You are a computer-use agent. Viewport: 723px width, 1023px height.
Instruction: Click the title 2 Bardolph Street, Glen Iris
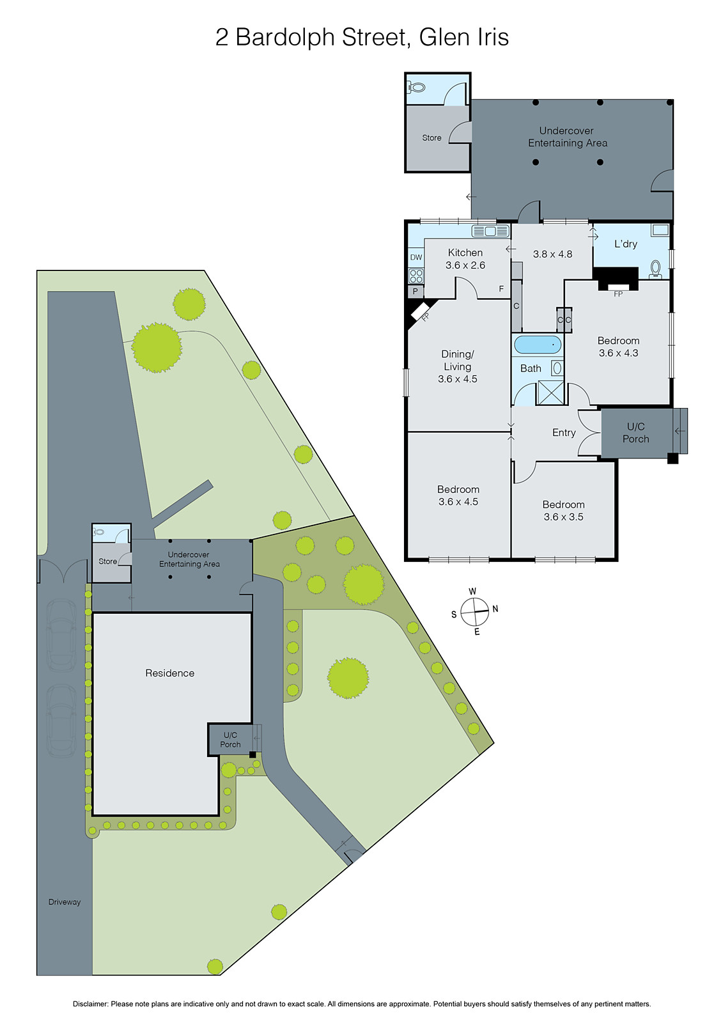[x=362, y=37]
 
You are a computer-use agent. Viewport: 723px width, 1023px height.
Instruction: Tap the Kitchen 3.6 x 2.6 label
[x=465, y=259]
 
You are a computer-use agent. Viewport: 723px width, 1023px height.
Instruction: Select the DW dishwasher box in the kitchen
[x=416, y=257]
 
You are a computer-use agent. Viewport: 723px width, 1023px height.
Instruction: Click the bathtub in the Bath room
[x=538, y=345]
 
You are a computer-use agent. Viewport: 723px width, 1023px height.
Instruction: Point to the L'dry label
[x=625, y=244]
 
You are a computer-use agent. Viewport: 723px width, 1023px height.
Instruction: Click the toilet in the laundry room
[x=655, y=269]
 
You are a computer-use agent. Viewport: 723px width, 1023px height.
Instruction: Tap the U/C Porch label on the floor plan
[x=635, y=433]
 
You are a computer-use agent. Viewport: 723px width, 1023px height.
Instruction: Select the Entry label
[x=564, y=433]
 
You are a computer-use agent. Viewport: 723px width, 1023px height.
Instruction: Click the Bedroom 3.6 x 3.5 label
[x=563, y=511]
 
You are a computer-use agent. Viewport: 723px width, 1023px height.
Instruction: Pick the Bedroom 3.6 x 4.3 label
[x=618, y=347]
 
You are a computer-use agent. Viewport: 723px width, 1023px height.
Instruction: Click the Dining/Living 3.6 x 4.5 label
[x=458, y=366]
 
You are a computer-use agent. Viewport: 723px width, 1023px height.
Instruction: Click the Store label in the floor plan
[x=431, y=137]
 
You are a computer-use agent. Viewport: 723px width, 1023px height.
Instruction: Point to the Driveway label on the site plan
[x=65, y=902]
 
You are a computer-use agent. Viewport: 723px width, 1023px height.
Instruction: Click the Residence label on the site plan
[x=169, y=673]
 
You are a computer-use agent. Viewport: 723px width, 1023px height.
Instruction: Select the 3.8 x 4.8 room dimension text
[x=552, y=254]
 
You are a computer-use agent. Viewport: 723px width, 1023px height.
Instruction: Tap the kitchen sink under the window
[x=490, y=231]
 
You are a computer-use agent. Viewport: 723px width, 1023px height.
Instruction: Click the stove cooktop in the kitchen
[x=416, y=276]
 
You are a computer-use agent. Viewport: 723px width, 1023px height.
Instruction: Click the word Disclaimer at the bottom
[x=90, y=1004]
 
